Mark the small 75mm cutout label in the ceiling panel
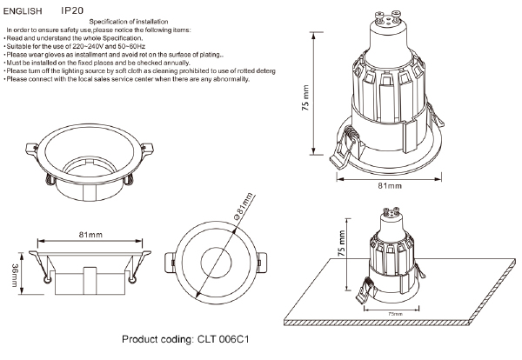click(x=394, y=312)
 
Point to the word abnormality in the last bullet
click(x=231, y=78)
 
